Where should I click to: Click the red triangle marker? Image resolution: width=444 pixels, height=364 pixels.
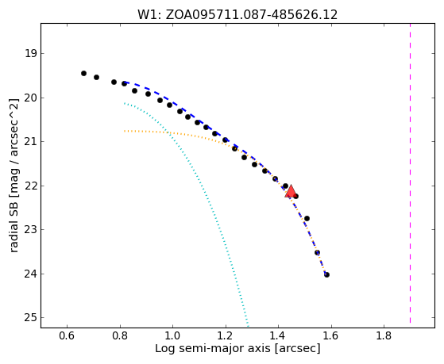[291, 191]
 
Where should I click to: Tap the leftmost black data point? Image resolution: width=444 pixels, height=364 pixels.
[83, 73]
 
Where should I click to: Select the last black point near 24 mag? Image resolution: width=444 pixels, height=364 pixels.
[326, 274]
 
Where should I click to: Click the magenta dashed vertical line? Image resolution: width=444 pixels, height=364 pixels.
[410, 174]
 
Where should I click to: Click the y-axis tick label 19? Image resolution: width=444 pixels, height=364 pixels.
[31, 53]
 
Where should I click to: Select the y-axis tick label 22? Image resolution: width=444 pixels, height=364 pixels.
[31, 186]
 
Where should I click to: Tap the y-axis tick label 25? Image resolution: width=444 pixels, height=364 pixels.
[31, 318]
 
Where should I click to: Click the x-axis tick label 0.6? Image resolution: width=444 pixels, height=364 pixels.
[67, 336]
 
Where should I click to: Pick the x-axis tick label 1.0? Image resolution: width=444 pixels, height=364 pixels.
[172, 336]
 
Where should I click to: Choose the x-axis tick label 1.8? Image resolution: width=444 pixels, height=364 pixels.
[384, 336]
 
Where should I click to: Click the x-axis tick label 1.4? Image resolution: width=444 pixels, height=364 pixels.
[278, 336]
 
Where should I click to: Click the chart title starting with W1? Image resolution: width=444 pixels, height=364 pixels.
[237, 15]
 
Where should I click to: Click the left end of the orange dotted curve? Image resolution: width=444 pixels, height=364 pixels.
[125, 131]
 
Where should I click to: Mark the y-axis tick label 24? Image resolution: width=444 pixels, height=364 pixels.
[31, 274]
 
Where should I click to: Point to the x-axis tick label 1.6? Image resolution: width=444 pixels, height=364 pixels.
[331, 336]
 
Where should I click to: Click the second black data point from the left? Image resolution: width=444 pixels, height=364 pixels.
[97, 77]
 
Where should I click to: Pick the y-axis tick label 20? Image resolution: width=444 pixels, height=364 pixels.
[31, 98]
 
